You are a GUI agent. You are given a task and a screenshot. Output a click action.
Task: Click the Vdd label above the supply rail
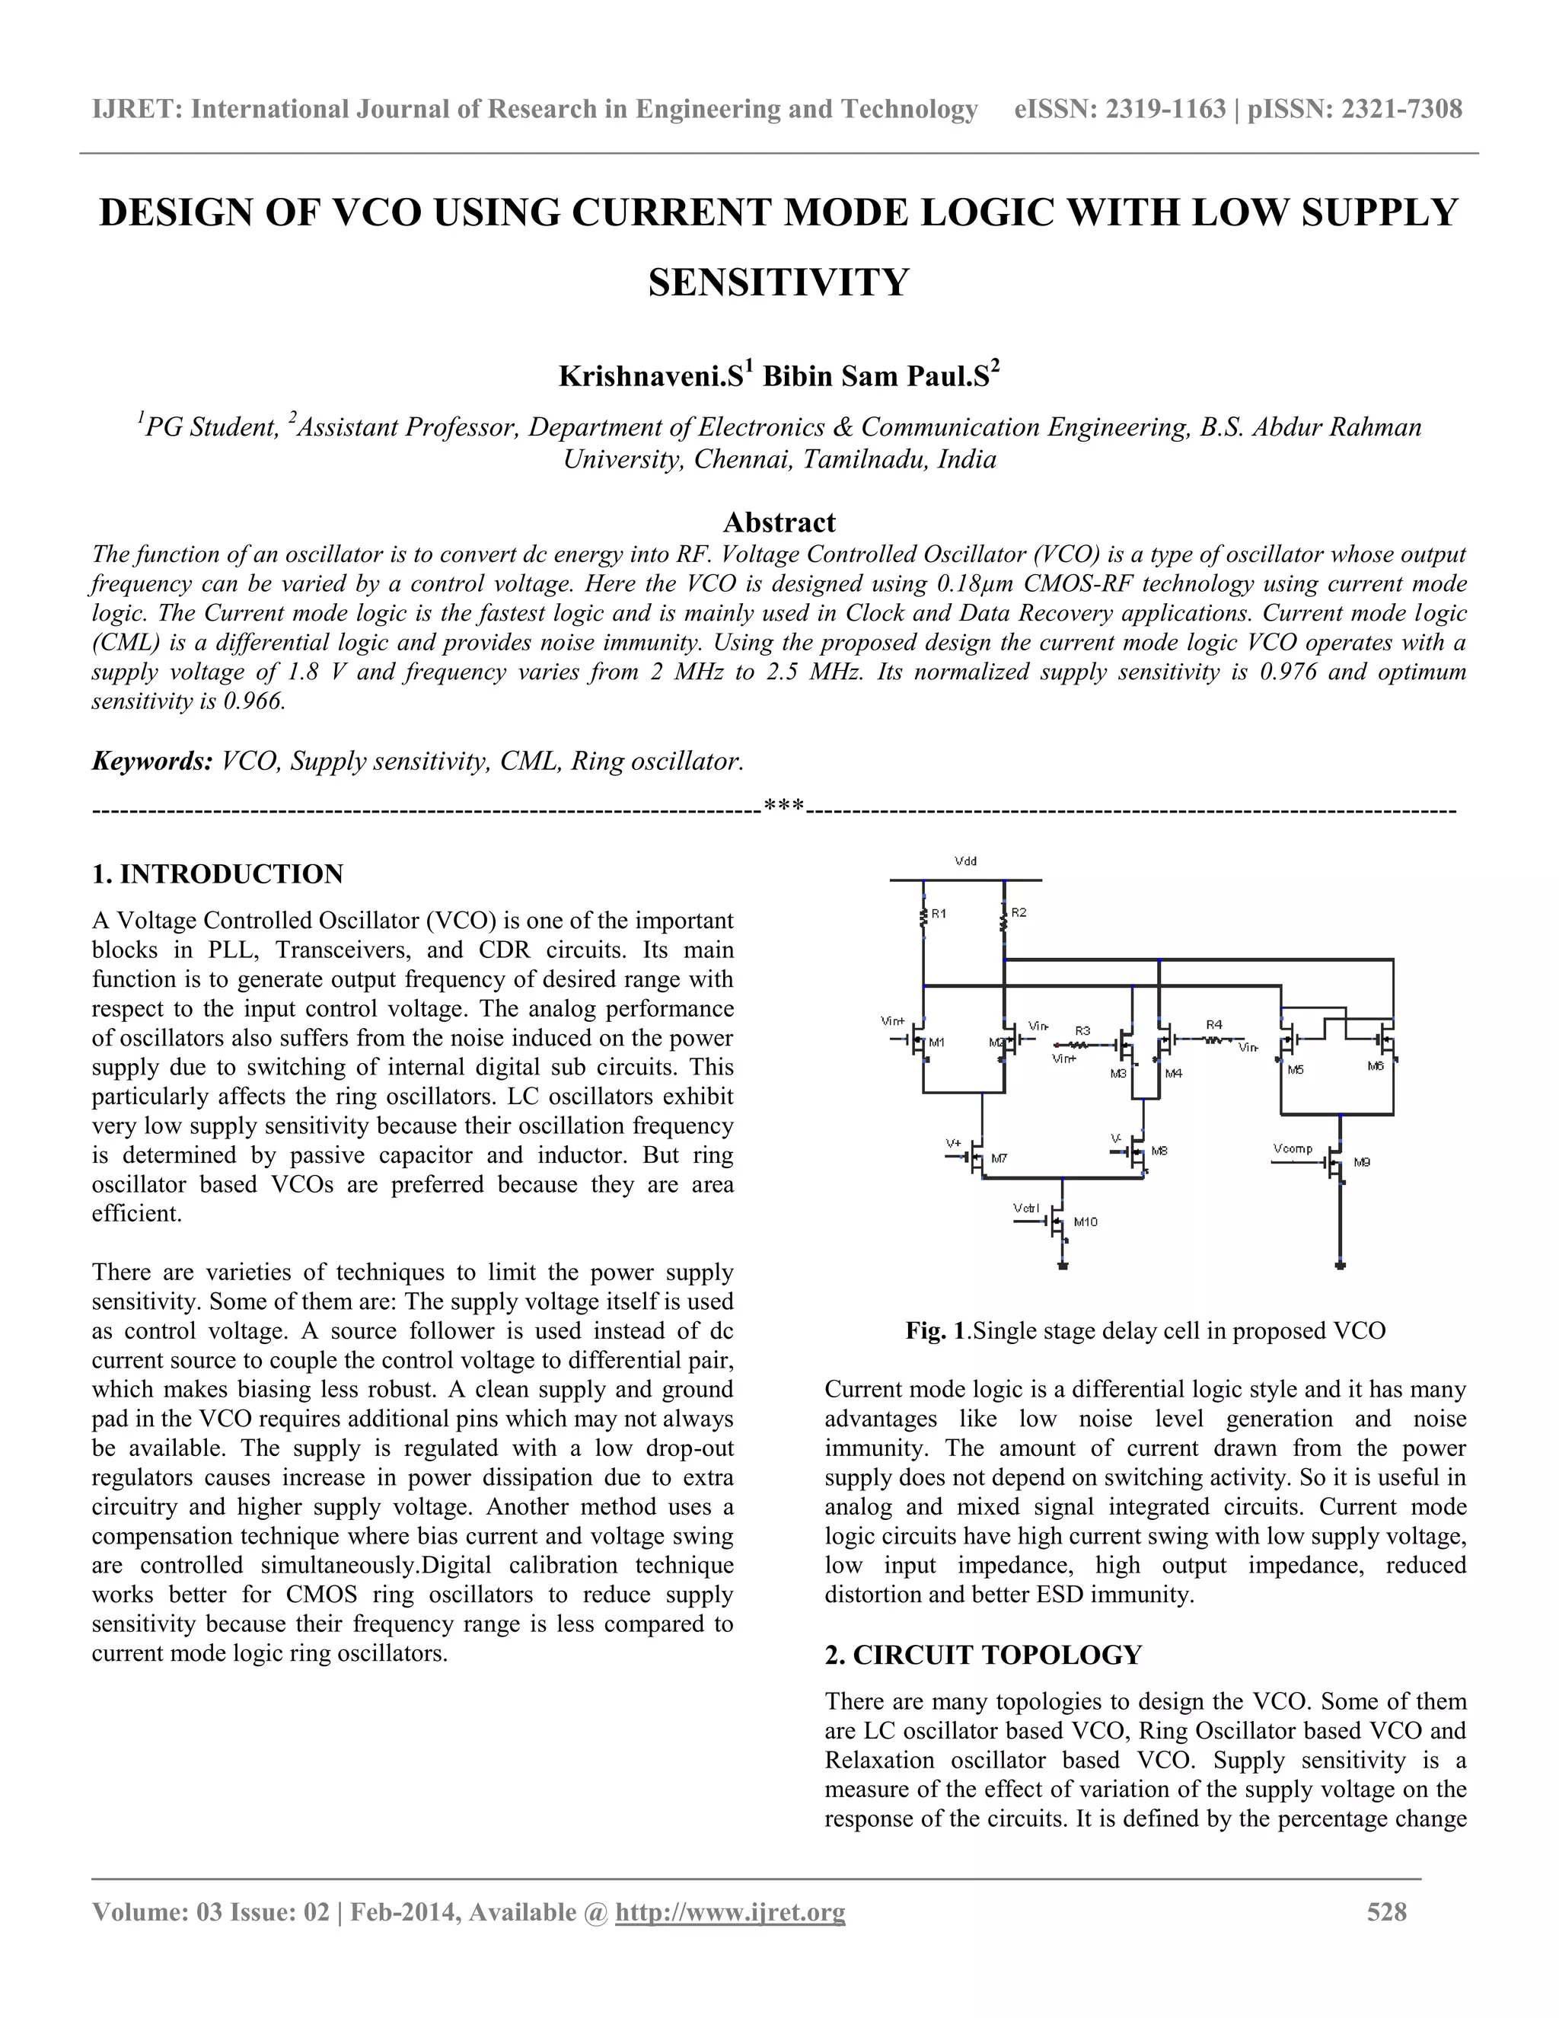coord(965,861)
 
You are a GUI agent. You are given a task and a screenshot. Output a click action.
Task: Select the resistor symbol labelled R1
coord(923,915)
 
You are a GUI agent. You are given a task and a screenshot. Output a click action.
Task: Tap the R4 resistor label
coord(1213,1025)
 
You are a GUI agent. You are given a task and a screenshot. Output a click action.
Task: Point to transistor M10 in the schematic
coord(1058,1225)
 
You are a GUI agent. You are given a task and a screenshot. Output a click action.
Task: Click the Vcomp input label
coord(1292,1148)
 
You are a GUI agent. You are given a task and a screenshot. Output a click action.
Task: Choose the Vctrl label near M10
coord(1025,1209)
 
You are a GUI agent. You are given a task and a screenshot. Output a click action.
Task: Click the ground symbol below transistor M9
coord(1340,1265)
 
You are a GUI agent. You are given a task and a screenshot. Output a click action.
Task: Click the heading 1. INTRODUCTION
coord(218,874)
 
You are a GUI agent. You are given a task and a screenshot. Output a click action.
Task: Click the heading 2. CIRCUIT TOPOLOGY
coord(983,1655)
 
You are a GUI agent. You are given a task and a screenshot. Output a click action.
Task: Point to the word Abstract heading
coord(779,523)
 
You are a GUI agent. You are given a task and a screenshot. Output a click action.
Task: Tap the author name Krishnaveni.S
coord(650,377)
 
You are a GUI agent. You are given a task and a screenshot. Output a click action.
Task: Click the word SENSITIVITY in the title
coord(779,282)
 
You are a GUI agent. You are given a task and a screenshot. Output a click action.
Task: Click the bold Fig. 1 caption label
coord(934,1330)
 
